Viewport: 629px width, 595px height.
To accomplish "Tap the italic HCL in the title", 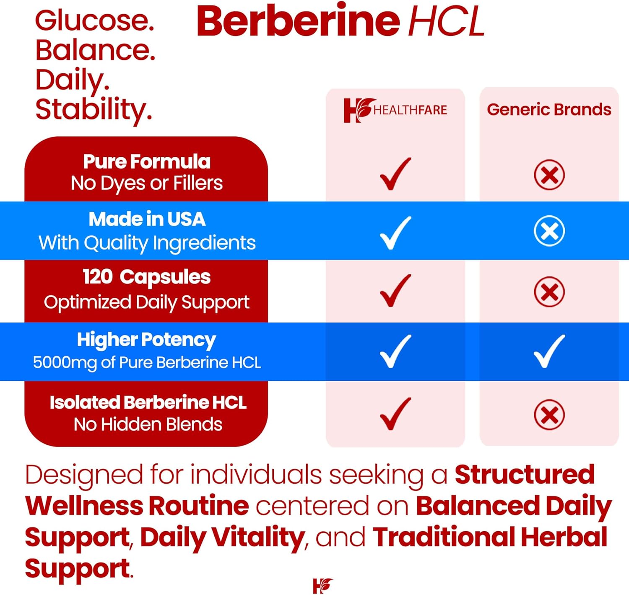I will click(446, 22).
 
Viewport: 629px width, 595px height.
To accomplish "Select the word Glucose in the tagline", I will click(94, 21).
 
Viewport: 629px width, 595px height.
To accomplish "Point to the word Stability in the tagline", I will click(93, 110).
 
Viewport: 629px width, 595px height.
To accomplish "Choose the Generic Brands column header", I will click(549, 110).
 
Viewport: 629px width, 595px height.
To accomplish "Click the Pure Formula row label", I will click(147, 162).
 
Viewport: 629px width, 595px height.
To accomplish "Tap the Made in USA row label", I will click(147, 219).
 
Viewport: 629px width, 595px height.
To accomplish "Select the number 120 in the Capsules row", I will click(97, 277).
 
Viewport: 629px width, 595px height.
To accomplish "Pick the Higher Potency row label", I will click(146, 340).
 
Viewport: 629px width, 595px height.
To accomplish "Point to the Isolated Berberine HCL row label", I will click(148, 403).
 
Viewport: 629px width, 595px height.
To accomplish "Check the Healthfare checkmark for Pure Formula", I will click(395, 174).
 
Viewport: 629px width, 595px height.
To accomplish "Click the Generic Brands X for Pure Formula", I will click(549, 175).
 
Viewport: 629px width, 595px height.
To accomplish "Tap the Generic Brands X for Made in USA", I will click(549, 231).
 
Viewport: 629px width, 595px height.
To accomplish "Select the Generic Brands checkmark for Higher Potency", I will click(549, 351).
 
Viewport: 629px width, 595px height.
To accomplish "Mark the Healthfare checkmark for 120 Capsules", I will click(395, 291).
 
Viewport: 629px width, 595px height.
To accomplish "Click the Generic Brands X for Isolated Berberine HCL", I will click(549, 415).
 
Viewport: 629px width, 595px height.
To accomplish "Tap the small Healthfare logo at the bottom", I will click(322, 585).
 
